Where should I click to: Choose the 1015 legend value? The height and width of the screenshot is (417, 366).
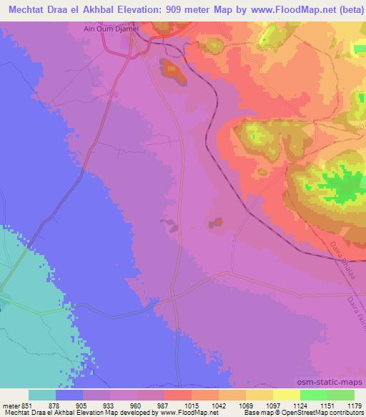coord(171,405)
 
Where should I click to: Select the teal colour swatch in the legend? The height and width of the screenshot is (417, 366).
coord(42,395)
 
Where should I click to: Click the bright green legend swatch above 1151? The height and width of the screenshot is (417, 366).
coord(314,395)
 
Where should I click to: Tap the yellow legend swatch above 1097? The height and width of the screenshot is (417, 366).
coord(259,395)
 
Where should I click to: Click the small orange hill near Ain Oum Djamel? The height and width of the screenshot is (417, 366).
coord(172,69)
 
